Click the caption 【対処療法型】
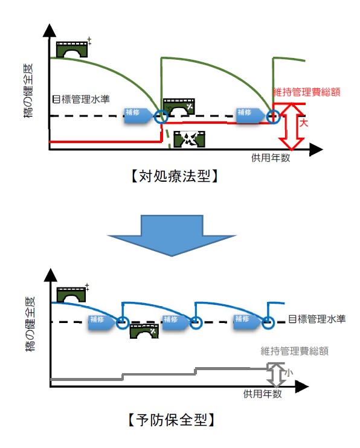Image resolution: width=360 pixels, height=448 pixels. [x=173, y=177]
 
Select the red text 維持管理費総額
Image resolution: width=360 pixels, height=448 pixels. [x=307, y=92]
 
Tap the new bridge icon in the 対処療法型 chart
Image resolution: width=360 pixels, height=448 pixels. [x=71, y=50]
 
